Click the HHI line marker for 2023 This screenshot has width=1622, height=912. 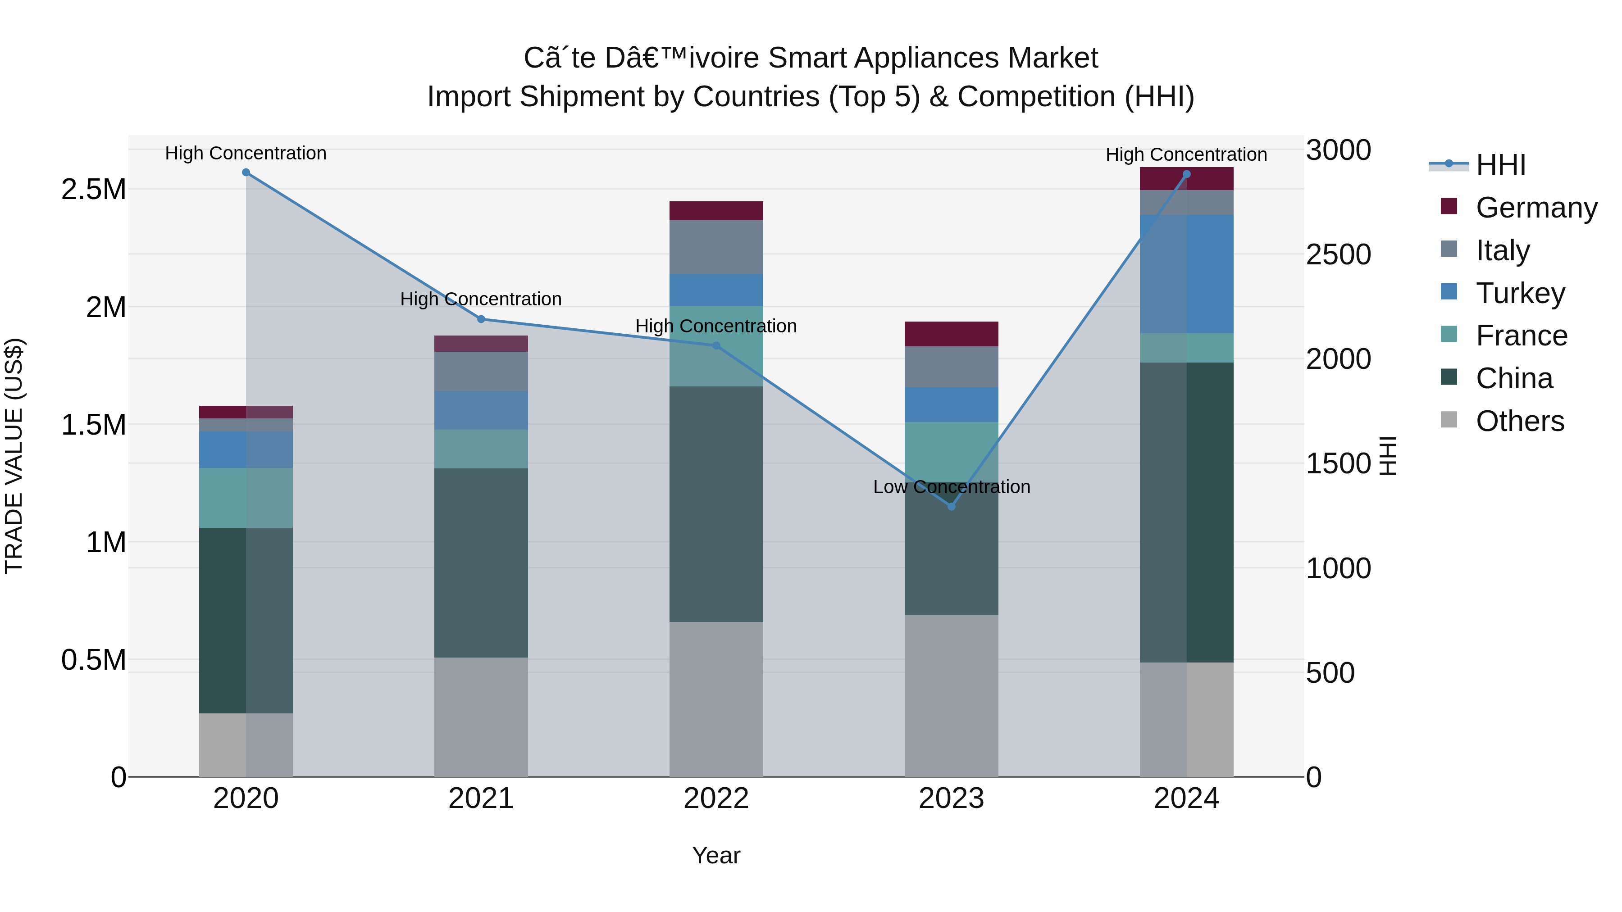[x=952, y=507]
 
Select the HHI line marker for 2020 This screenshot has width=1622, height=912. [x=246, y=172]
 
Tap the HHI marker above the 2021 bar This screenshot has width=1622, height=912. [x=481, y=319]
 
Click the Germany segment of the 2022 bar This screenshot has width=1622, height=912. [x=716, y=211]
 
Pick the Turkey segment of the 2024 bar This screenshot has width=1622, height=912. [x=1186, y=274]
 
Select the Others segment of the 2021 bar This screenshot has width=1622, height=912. [x=481, y=717]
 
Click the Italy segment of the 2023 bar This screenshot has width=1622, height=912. [x=952, y=367]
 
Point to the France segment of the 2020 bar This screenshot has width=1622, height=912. [x=246, y=498]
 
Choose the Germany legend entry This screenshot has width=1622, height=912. [x=1536, y=208]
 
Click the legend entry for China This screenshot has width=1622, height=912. [x=1514, y=378]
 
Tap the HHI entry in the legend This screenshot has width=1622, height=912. [x=1500, y=165]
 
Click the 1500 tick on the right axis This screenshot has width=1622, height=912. [x=1338, y=464]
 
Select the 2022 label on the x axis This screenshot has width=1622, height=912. [x=716, y=799]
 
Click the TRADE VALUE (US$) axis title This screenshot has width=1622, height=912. [x=14, y=456]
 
